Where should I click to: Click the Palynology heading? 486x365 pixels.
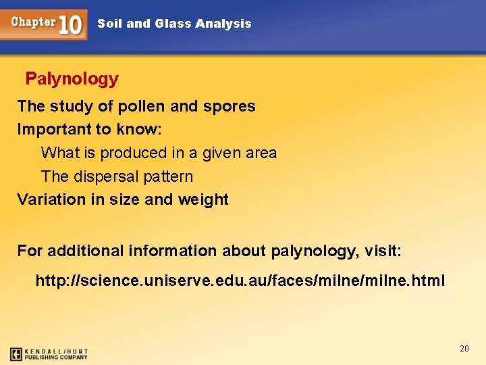(72, 79)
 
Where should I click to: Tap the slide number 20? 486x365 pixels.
(464, 348)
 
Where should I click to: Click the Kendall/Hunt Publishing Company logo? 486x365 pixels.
(49, 354)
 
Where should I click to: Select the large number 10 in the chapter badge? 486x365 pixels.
(70, 24)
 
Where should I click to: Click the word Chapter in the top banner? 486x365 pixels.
(33, 22)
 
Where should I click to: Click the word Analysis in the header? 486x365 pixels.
(223, 24)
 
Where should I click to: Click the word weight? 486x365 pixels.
(203, 199)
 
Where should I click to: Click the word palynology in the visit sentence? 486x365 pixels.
(312, 251)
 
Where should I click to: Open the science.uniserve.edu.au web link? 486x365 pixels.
(240, 280)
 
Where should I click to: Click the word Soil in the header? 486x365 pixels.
(109, 24)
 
